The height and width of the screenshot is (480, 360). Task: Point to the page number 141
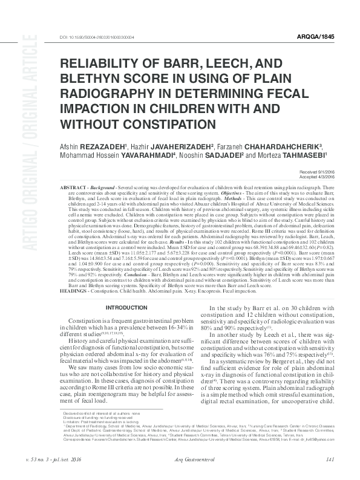(330, 459)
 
